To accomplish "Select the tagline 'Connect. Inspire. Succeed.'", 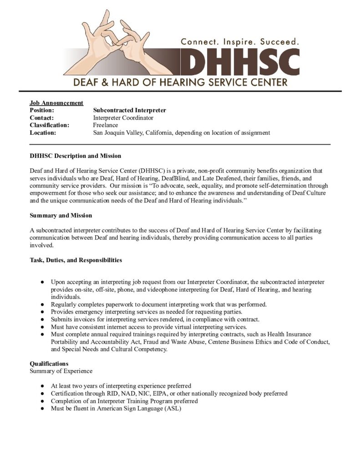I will click(x=240, y=41).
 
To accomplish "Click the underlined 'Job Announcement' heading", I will click(x=56, y=103).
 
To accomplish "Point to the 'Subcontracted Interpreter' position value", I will click(x=130, y=110).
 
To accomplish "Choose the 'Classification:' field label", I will click(x=50, y=125).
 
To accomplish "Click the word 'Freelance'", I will click(x=106, y=125).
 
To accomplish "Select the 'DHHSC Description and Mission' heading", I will click(x=76, y=156).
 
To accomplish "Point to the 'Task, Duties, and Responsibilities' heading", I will click(x=76, y=260).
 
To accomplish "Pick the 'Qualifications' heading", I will click(x=49, y=364).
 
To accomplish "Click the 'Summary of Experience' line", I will click(x=61, y=371).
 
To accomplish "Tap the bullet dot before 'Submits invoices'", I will click(x=42, y=319).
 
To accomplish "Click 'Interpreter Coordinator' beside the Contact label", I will click(x=123, y=118).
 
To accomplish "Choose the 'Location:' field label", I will click(x=43, y=133).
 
